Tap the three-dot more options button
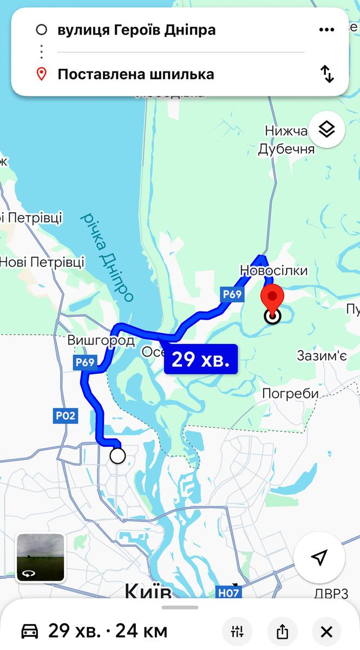coord(326,30)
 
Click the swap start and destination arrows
coord(327,74)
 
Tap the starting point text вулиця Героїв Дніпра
coord(136,30)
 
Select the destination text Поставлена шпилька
coord(136,74)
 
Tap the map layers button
coord(326,129)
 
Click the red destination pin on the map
coord(272,300)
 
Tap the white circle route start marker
coord(117,456)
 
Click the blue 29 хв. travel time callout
coord(201,359)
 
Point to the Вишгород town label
coord(101,341)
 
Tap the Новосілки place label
coord(274,270)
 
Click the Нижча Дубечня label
coord(286,140)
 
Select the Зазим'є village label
coord(322,355)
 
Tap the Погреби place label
coord(290,393)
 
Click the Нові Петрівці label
coord(42,262)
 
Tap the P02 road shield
coord(66,416)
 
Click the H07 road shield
coord(228,593)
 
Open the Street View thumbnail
coord(41,557)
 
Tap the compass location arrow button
coord(319,557)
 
